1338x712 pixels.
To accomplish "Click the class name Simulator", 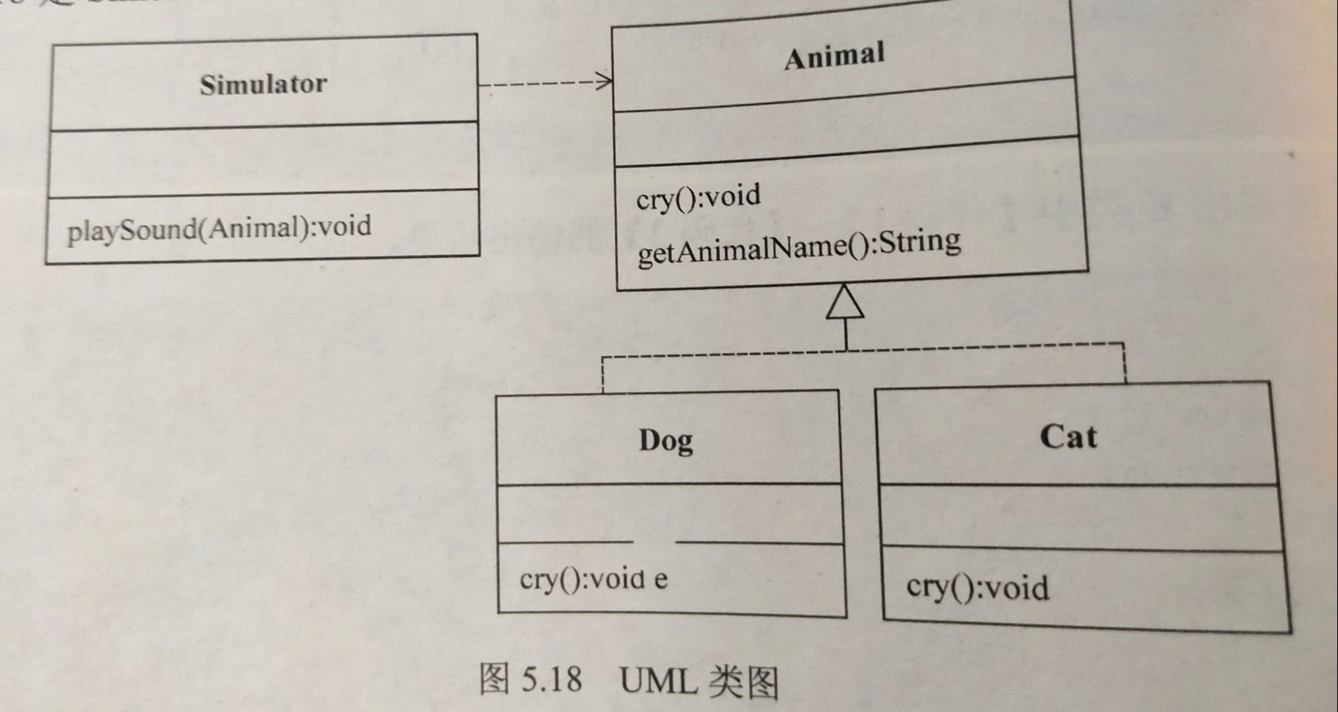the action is (263, 84).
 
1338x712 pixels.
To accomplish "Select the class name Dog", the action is (666, 440).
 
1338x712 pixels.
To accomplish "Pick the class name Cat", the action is (1068, 437).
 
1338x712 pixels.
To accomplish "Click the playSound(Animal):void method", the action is (219, 228).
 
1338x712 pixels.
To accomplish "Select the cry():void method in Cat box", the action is (977, 588).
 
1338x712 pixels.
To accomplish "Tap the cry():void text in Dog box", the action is (581, 579).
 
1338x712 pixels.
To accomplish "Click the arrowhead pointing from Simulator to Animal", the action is (604, 81).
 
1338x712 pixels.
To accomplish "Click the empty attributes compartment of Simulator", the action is (263, 156).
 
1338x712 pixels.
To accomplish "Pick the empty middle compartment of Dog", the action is (669, 513).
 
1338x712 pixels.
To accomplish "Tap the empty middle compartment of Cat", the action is (1081, 517).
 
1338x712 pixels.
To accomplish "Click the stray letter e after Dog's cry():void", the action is (660, 580).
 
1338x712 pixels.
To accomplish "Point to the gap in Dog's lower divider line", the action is (654, 542).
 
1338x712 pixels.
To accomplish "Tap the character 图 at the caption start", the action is (494, 679).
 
